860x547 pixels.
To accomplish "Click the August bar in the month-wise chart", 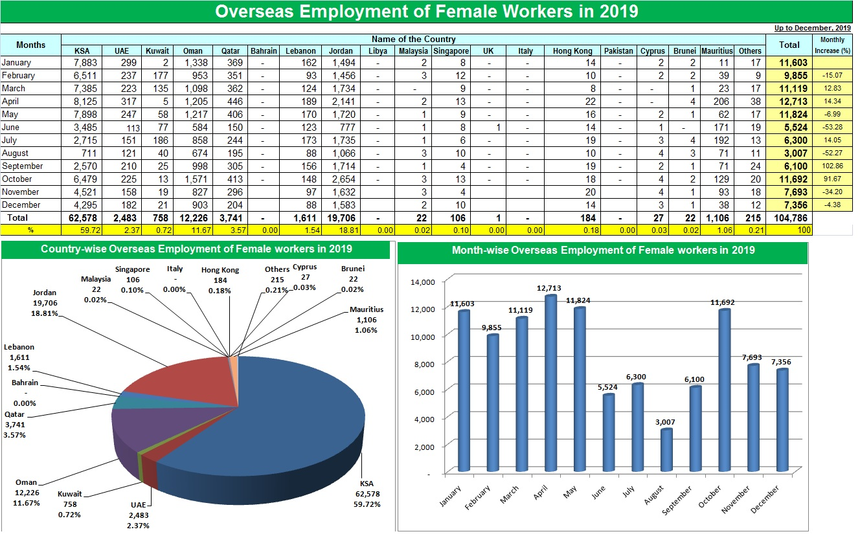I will pyautogui.click(x=667, y=451).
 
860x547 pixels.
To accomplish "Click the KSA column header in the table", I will pyautogui.click(x=82, y=50).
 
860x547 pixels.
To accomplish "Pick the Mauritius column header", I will pyautogui.click(x=716, y=50).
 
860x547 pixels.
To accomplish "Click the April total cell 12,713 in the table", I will pyautogui.click(x=788, y=101).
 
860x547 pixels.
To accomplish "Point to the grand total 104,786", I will pyautogui.click(x=788, y=218).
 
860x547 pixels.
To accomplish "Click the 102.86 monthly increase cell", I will pyautogui.click(x=832, y=166).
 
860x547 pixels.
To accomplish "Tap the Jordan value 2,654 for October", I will pyautogui.click(x=341, y=179).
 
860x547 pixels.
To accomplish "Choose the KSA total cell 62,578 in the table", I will pyautogui.click(x=82, y=218).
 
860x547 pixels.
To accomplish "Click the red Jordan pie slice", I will pyautogui.click(x=188, y=382).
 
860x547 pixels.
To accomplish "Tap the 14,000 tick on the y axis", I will pyautogui.click(x=424, y=282).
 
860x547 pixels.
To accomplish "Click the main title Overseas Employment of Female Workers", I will pyautogui.click(x=426, y=11).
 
